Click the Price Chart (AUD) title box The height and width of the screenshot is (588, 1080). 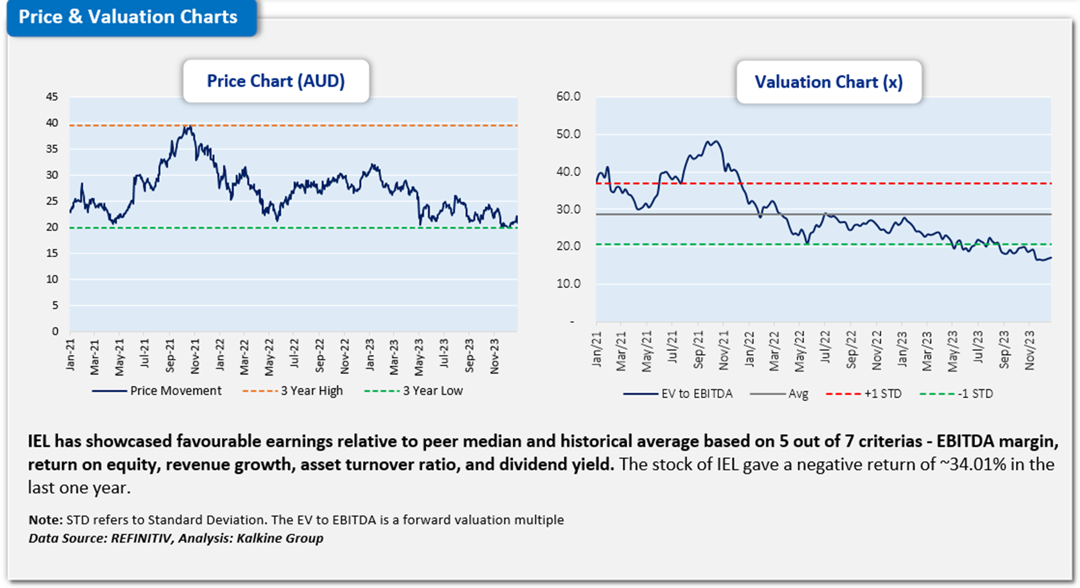276,81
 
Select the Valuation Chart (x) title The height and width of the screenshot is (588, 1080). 829,83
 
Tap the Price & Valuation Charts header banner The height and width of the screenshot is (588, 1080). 128,17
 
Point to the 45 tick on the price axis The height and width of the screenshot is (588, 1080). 51,97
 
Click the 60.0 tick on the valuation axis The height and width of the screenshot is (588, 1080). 568,97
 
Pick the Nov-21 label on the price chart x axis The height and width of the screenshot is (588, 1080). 195,356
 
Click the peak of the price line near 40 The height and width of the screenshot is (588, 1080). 187,127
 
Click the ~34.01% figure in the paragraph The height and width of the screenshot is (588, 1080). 972,464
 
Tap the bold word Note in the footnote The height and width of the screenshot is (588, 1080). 45,520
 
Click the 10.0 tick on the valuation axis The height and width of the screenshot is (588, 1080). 568,284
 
